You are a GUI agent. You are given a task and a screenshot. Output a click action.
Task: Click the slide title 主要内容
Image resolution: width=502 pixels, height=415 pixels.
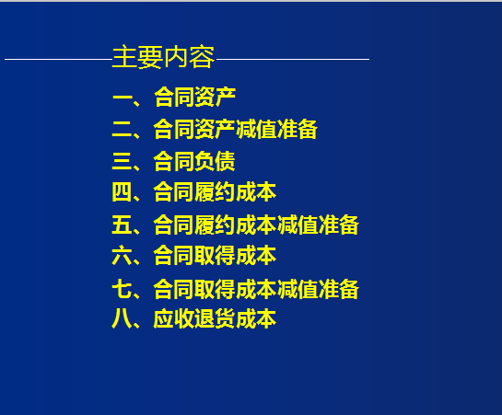coord(163,58)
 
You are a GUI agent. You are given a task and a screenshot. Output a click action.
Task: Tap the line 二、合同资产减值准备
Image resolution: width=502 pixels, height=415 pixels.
coord(215,129)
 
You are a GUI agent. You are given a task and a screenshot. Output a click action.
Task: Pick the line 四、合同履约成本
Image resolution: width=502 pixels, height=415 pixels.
coord(194,192)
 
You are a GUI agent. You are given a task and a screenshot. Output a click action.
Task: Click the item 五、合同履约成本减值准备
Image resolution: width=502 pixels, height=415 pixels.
coord(235,225)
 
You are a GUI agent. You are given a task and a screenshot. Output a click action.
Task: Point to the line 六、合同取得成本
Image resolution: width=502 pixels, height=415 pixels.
coord(194,255)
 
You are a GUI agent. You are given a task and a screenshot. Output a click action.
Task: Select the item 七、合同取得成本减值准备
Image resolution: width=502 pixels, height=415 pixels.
coord(235,289)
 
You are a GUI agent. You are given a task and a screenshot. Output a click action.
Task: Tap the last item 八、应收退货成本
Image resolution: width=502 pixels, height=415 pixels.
coord(194,319)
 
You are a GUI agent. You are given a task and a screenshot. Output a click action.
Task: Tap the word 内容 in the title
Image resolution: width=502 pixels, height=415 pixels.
coord(189,58)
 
